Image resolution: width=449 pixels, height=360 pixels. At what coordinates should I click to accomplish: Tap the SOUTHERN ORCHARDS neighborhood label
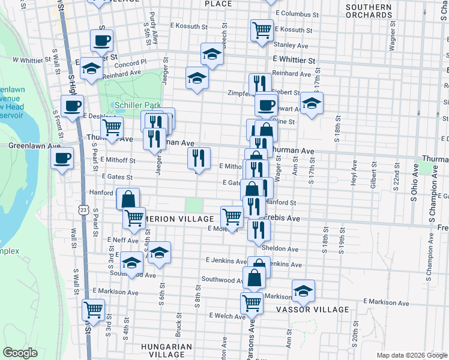pos(369,11)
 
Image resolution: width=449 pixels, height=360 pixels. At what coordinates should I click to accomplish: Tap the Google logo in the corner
pos(20,353)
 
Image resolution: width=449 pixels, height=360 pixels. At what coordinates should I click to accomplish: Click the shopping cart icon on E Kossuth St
pos(262,29)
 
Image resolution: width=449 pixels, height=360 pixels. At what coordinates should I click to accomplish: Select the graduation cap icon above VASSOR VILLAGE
pos(304,291)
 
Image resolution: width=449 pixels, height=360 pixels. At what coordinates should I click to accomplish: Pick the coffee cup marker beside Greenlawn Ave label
pos(62,159)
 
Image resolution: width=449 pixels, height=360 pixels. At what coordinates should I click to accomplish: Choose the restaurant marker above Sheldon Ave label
pos(259,229)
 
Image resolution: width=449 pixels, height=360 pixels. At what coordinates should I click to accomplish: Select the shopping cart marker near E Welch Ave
pos(252,303)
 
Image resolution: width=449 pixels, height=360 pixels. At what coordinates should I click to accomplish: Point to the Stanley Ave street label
pos(290,44)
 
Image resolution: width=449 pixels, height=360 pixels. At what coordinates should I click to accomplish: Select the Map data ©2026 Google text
pos(411,355)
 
